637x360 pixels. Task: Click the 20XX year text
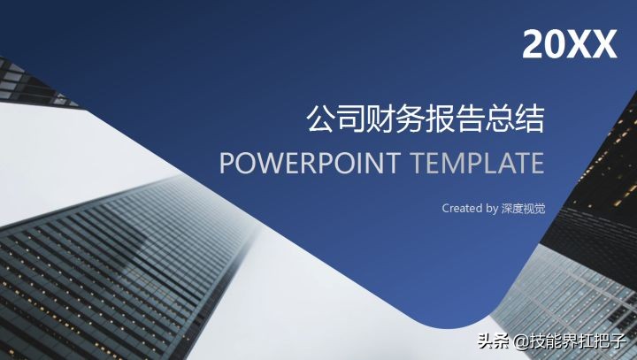[x=570, y=45]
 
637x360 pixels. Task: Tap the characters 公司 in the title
[x=336, y=119]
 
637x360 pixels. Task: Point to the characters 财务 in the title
[x=395, y=119]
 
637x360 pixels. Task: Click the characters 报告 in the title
[x=455, y=119]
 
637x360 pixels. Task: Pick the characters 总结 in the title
[x=515, y=119]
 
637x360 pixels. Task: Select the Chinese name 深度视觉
[x=523, y=209]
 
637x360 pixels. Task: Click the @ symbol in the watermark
[x=521, y=341]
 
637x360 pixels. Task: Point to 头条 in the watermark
[x=494, y=341]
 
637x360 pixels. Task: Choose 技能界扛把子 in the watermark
[x=577, y=341]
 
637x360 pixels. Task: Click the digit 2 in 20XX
[x=533, y=45]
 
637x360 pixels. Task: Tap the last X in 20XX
[x=605, y=45]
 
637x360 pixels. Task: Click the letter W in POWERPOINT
[x=269, y=163]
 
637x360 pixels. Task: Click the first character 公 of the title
[x=322, y=119]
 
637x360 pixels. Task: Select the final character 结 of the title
[x=529, y=119]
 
